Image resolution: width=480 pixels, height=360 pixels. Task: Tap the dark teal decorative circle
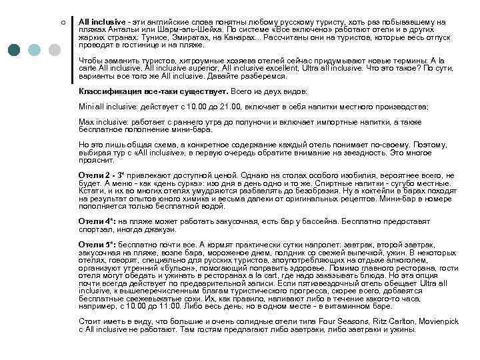(15, 49)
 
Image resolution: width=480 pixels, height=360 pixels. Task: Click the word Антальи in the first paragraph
(120, 31)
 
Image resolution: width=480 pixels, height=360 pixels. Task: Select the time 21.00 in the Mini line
(226, 106)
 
